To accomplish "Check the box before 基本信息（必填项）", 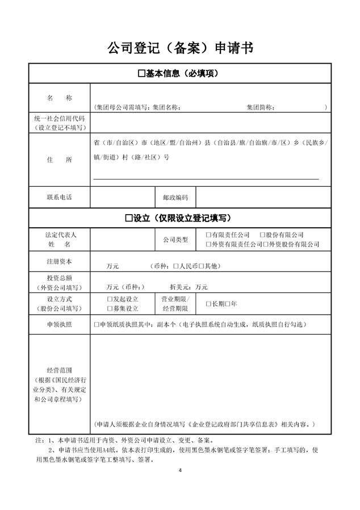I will (x=141, y=74).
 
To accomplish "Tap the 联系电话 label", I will (x=60, y=198).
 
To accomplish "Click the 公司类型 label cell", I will (x=175, y=240).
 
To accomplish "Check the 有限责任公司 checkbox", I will (x=208, y=235).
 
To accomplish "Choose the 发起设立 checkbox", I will (x=110, y=299).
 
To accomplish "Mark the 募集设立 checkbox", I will (x=110, y=308).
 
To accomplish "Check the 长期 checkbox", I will (x=208, y=304).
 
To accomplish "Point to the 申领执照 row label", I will (x=60, y=325).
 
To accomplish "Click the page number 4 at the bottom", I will (x=180, y=471).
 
